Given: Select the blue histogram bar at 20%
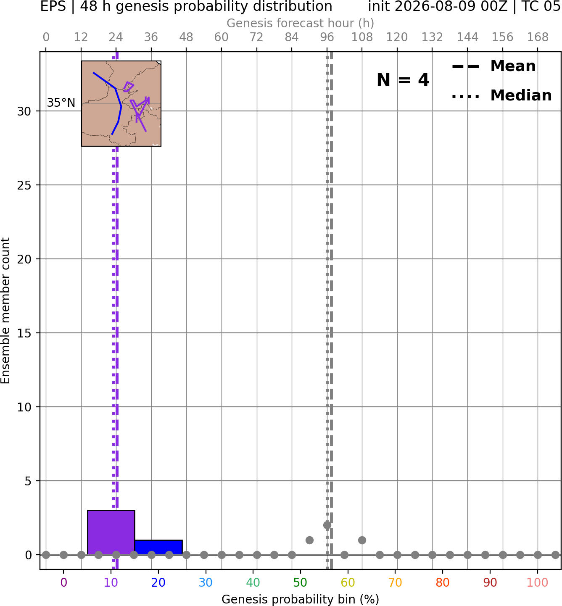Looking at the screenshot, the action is [x=158, y=547].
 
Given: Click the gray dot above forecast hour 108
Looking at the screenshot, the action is [x=362, y=540].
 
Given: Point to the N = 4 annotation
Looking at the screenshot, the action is [x=403, y=80].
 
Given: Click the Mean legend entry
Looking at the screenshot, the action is [x=493, y=66].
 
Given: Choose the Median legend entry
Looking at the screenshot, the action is [x=501, y=95].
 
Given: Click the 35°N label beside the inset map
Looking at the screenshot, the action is [x=61, y=103].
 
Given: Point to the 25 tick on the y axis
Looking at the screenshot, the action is [x=24, y=185].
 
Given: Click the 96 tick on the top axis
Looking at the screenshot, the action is [x=327, y=37].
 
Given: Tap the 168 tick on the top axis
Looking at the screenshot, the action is [x=538, y=37].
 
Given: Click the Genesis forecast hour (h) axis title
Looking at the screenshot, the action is [x=301, y=23].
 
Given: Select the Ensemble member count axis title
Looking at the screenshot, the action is [x=5, y=311].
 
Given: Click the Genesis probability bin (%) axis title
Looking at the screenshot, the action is [x=301, y=599].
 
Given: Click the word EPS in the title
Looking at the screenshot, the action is [x=53, y=6].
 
